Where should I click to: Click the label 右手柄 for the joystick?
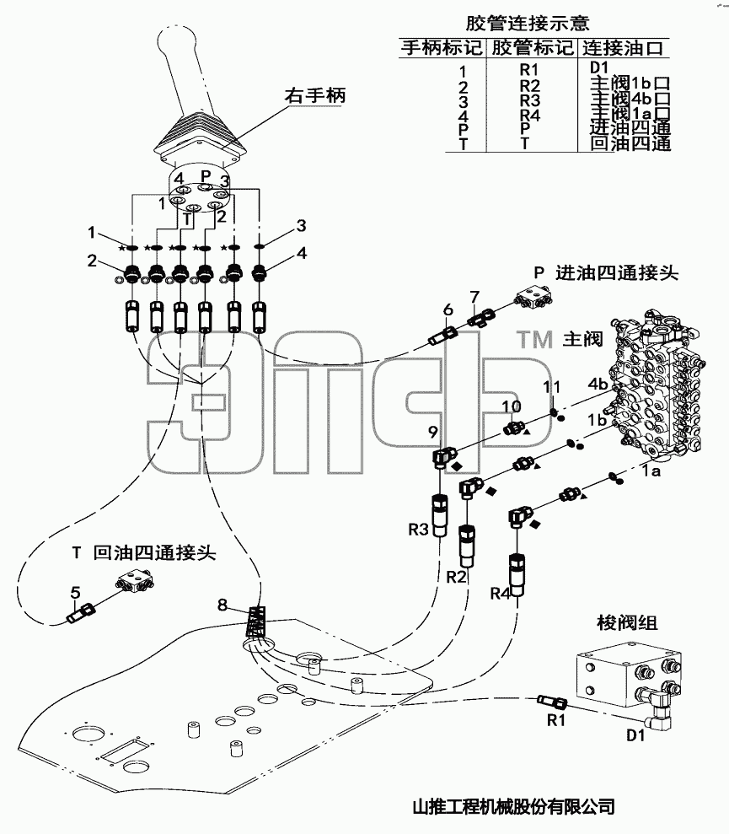pos(315,96)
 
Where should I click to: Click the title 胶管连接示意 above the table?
pos(528,23)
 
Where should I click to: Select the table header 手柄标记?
pos(441,47)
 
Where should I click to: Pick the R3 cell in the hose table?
pos(529,100)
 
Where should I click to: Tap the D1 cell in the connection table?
pos(598,67)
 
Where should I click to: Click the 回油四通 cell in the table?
pos(630,143)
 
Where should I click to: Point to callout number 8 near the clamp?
pos(222,605)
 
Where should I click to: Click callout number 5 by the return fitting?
pos(76,592)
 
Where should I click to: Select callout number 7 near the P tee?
pos(474,297)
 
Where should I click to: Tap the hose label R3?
pos(418,530)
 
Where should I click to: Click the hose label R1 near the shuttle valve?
pos(555,720)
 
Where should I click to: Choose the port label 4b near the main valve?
pos(598,384)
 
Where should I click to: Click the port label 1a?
pos(650,471)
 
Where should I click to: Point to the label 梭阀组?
pos(627,622)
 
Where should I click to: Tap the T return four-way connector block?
pos(135,580)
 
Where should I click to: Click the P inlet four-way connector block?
pos(533,298)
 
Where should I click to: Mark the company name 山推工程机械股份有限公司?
pos(513,807)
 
